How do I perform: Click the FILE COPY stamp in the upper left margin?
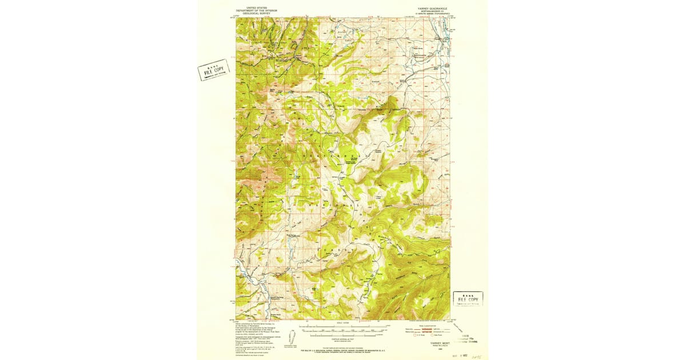pos(213,70)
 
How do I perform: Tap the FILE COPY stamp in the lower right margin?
pos(468,299)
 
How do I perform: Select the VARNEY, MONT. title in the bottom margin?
pos(427,342)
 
